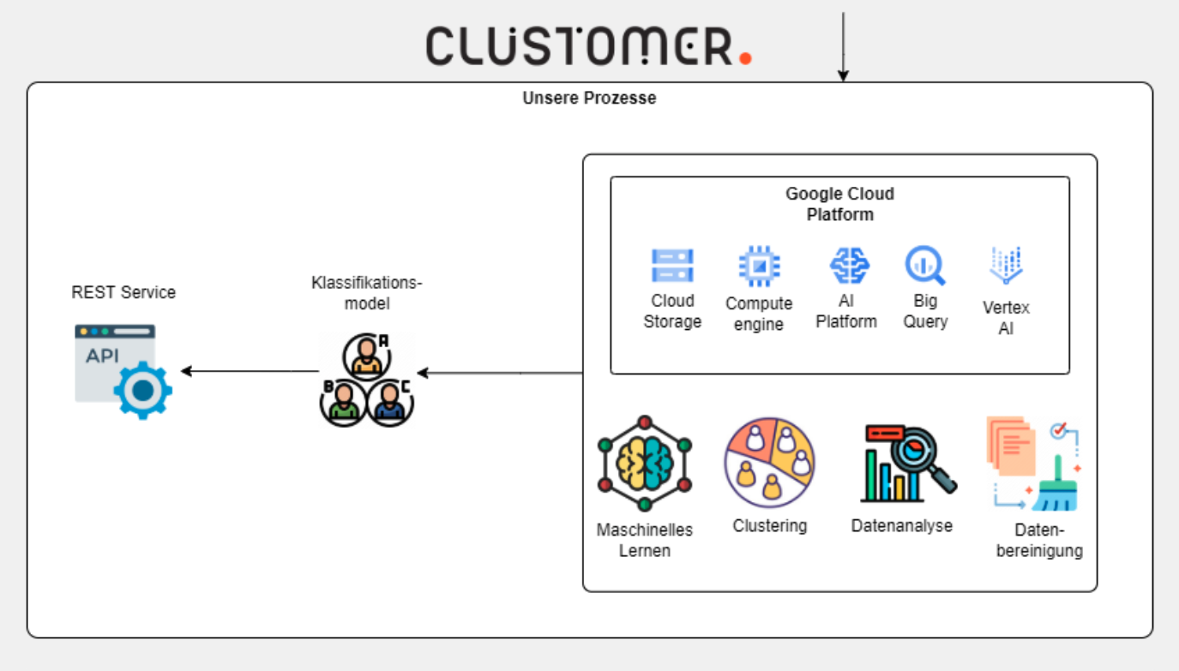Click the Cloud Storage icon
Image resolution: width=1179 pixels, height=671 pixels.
(x=672, y=267)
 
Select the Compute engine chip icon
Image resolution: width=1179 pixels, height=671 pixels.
(x=759, y=267)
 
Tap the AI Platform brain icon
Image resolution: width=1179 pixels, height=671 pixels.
(x=849, y=266)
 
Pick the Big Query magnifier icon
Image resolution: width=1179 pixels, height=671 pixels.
(x=925, y=266)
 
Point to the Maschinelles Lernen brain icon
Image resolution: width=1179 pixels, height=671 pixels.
(x=645, y=464)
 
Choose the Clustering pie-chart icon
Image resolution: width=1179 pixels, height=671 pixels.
(x=769, y=463)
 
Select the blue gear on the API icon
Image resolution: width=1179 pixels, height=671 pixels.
(x=143, y=390)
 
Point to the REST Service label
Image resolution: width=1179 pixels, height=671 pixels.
(x=123, y=292)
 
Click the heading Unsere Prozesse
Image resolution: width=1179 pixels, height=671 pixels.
(x=589, y=98)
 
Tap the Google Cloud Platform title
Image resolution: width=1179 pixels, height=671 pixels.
(x=839, y=204)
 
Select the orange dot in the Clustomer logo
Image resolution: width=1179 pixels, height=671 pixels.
(x=744, y=57)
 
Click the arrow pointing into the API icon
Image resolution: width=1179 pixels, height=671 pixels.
(x=249, y=371)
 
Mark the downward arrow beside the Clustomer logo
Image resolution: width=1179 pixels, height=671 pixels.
(x=843, y=47)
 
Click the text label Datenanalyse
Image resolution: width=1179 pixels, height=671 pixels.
(x=901, y=525)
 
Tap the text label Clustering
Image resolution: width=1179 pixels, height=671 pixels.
(x=769, y=525)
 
